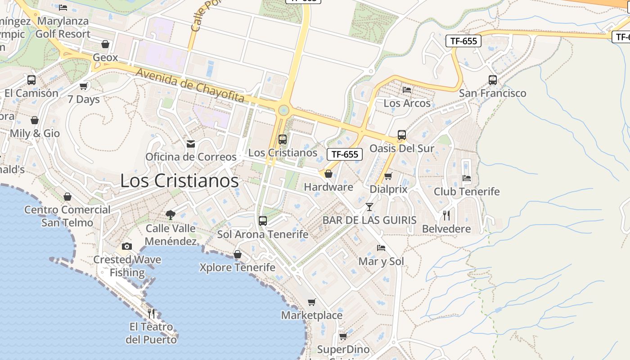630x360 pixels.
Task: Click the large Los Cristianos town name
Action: click(179, 181)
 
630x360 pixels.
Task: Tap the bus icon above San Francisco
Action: click(493, 80)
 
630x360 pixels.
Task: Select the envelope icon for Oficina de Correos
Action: click(191, 144)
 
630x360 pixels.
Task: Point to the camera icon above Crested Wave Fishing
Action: click(127, 246)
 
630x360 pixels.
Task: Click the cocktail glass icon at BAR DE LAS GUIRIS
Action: click(369, 207)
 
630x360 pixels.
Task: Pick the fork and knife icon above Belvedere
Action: click(446, 216)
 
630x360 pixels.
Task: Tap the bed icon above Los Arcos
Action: click(407, 90)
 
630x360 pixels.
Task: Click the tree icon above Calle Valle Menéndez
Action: click(170, 215)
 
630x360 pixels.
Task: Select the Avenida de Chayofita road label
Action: click(190, 85)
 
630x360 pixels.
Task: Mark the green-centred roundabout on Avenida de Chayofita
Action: click(283, 110)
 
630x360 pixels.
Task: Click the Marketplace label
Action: click(312, 315)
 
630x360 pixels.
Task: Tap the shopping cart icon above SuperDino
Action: click(343, 337)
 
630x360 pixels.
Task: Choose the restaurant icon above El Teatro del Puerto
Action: click(151, 313)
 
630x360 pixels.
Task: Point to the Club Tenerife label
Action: click(467, 192)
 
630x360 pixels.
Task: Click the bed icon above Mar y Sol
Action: click(381, 247)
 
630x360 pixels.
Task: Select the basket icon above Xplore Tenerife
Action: click(238, 255)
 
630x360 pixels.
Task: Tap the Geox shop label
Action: click(105, 58)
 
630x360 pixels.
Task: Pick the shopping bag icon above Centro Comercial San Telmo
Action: click(67, 197)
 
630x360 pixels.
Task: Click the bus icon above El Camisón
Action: click(31, 80)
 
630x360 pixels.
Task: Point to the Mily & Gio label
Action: click(35, 134)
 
